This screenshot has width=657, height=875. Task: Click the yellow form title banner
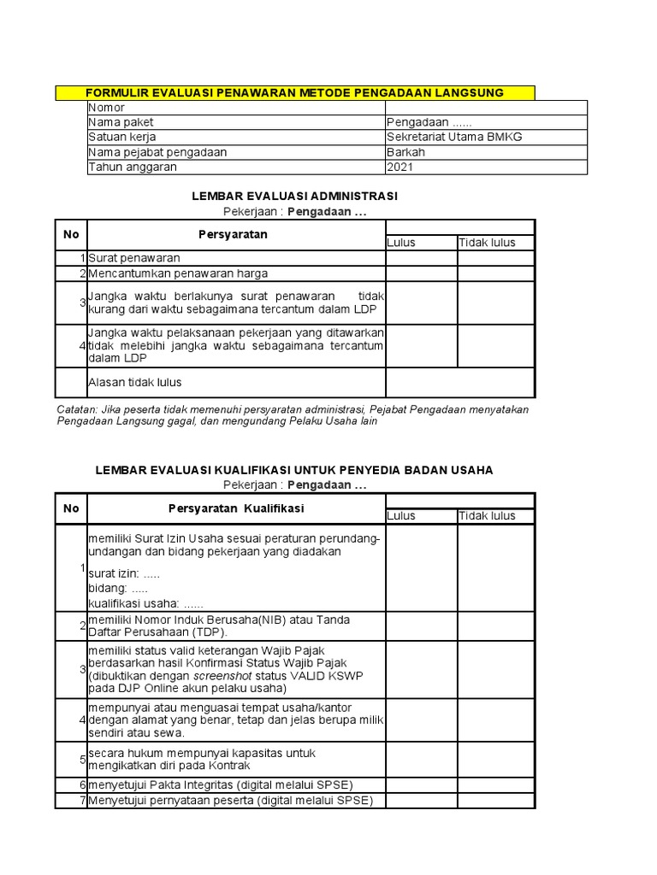pos(295,92)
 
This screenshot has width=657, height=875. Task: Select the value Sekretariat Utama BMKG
pos(454,137)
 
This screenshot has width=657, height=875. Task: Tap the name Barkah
pos(405,152)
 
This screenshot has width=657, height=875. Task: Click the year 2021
pos(400,167)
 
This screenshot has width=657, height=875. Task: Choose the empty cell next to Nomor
pos(486,108)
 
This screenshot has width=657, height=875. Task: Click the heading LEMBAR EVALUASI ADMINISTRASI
pos(295,196)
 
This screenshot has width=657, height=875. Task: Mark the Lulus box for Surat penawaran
pos(421,257)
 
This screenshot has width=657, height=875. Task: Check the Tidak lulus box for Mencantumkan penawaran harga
pos(495,273)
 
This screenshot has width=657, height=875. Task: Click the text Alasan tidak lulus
pos(135,382)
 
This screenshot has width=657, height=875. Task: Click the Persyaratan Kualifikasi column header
pos(236,508)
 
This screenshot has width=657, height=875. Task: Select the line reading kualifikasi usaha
pos(146,603)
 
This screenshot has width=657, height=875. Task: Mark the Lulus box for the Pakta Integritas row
pos(421,784)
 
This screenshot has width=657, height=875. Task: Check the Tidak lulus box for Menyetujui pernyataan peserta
pos(495,801)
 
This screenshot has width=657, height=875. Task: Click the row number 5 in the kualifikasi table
pos(81,759)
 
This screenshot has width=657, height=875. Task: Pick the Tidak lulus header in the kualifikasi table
pos(487,515)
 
